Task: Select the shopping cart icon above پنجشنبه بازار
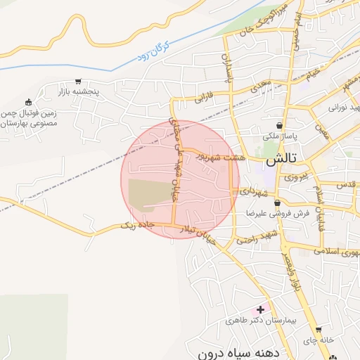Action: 78,81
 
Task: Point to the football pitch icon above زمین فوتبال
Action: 29,103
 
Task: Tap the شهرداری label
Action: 252,191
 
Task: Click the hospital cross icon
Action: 261,309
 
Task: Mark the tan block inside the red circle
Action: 150,193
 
